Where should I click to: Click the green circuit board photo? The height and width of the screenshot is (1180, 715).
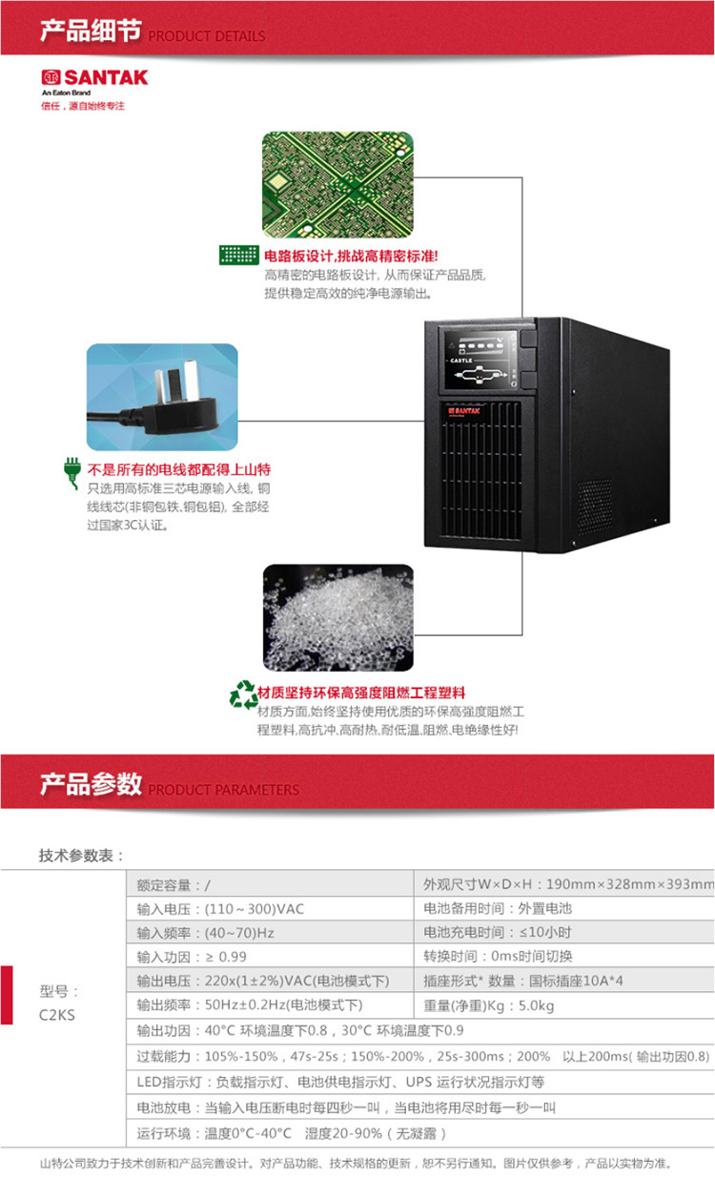coord(337,184)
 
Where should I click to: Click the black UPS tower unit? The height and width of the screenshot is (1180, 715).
coord(520,434)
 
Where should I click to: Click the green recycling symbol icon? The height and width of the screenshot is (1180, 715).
coord(242,695)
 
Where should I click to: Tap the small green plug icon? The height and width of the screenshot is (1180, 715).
coord(71,472)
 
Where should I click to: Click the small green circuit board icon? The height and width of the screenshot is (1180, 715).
coord(239,256)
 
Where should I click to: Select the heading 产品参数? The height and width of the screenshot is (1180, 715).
coord(90,784)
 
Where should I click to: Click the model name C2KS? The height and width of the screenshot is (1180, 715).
coord(58,1015)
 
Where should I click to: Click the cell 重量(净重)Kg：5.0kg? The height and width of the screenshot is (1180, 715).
coord(487,1004)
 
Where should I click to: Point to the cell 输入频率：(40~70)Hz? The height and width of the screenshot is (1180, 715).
coord(192,932)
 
